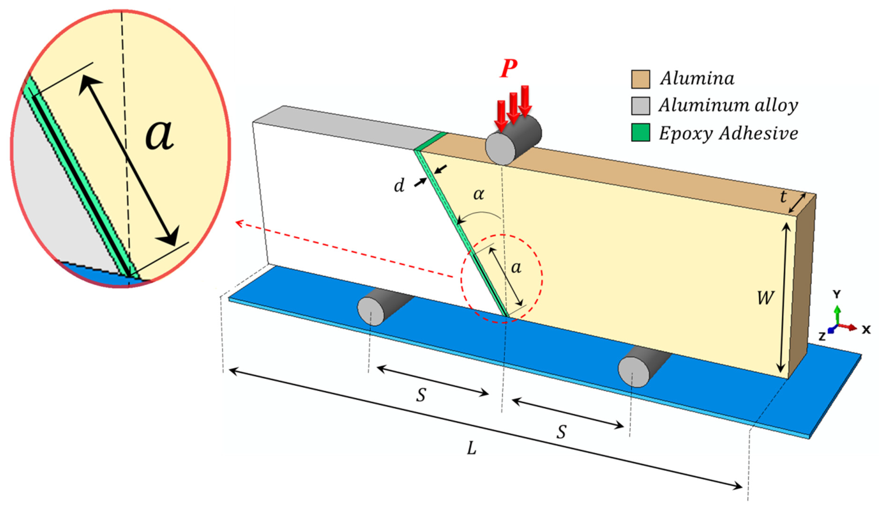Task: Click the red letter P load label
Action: (x=508, y=69)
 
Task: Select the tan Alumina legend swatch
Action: (x=640, y=79)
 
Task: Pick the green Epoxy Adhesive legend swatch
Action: (x=640, y=133)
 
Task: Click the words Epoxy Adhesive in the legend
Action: (x=728, y=133)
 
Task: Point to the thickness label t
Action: (x=783, y=197)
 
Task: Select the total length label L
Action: (x=472, y=448)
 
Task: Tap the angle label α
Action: (x=479, y=194)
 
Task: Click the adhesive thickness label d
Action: (x=399, y=186)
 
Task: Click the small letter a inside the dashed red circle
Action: (x=516, y=268)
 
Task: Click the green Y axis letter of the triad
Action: (x=836, y=294)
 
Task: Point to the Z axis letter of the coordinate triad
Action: (x=822, y=337)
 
